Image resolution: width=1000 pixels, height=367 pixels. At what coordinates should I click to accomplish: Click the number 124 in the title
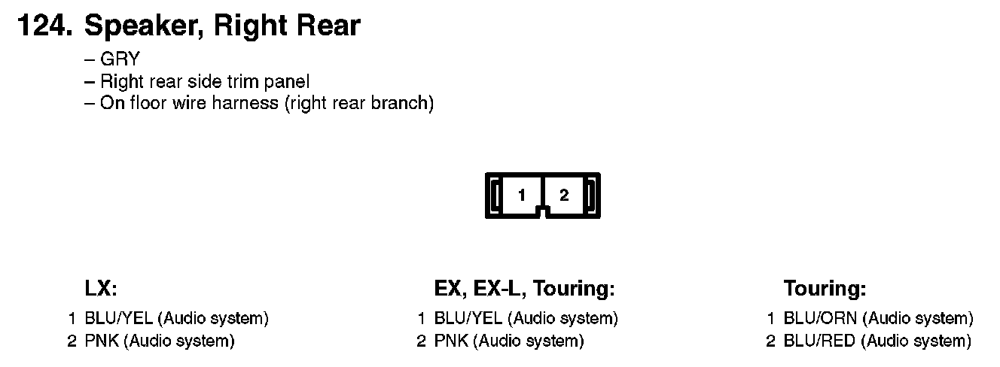(x=44, y=26)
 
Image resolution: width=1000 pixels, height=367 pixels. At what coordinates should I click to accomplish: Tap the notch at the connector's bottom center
(x=543, y=214)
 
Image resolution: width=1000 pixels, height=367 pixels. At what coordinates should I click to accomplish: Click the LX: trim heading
(x=102, y=289)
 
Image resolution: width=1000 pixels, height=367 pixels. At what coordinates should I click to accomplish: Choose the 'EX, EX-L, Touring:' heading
(x=525, y=289)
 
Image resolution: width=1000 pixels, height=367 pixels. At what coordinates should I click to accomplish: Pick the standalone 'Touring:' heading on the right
(x=825, y=289)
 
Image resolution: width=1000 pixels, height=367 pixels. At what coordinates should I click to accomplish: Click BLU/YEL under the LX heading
(x=119, y=319)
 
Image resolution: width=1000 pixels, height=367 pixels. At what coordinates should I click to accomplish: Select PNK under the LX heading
(x=102, y=341)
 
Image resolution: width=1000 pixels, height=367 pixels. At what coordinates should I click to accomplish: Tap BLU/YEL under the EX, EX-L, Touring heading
(x=468, y=319)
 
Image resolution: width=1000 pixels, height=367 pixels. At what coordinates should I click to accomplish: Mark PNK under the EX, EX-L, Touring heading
(x=451, y=341)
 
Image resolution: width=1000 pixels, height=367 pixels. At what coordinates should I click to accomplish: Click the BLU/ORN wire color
(x=819, y=319)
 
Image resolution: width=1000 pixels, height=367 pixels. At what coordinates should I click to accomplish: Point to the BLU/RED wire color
(x=819, y=341)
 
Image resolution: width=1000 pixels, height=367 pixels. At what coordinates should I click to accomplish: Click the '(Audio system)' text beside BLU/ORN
(x=917, y=319)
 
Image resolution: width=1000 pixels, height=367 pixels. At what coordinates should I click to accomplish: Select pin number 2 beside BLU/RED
(x=770, y=341)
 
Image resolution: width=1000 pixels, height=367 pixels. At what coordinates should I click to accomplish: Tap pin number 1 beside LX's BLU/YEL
(x=72, y=319)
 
